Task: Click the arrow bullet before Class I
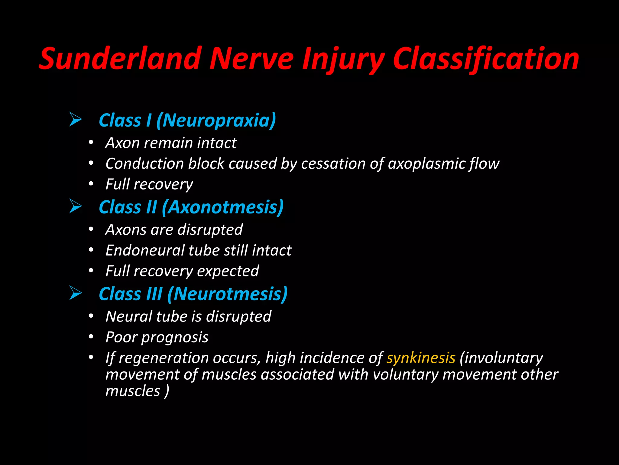75,119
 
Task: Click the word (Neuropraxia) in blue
216,120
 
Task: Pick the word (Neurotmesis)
227,294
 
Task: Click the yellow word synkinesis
421,358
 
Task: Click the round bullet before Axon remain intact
91,142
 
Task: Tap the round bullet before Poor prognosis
91,337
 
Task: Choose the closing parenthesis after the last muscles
167,391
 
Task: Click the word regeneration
164,358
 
